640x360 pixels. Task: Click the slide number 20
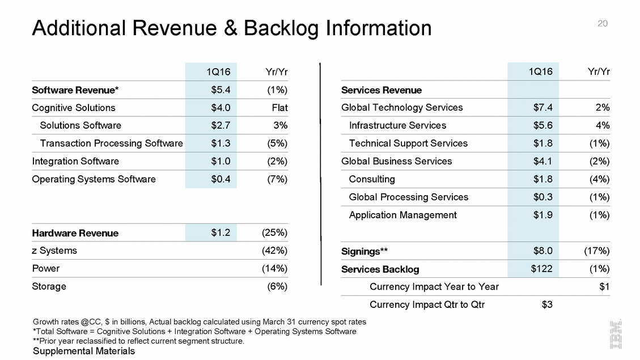tap(603, 23)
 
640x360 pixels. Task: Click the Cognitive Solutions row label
tap(74, 108)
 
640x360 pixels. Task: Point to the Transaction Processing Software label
tap(111, 143)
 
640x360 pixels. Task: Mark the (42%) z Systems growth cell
tap(275, 251)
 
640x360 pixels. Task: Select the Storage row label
tap(49, 286)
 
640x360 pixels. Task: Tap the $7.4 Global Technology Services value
tap(542, 108)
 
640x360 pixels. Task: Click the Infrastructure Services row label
tap(397, 125)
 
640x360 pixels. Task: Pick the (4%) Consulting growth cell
tap(599, 179)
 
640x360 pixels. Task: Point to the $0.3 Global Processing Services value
tap(542, 197)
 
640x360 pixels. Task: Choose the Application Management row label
tap(402, 215)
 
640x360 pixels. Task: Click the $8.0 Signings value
tap(542, 251)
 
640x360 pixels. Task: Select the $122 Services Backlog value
tap(541, 269)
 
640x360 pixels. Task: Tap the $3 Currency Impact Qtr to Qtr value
tap(547, 304)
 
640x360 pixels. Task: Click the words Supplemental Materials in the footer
tap(84, 351)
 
